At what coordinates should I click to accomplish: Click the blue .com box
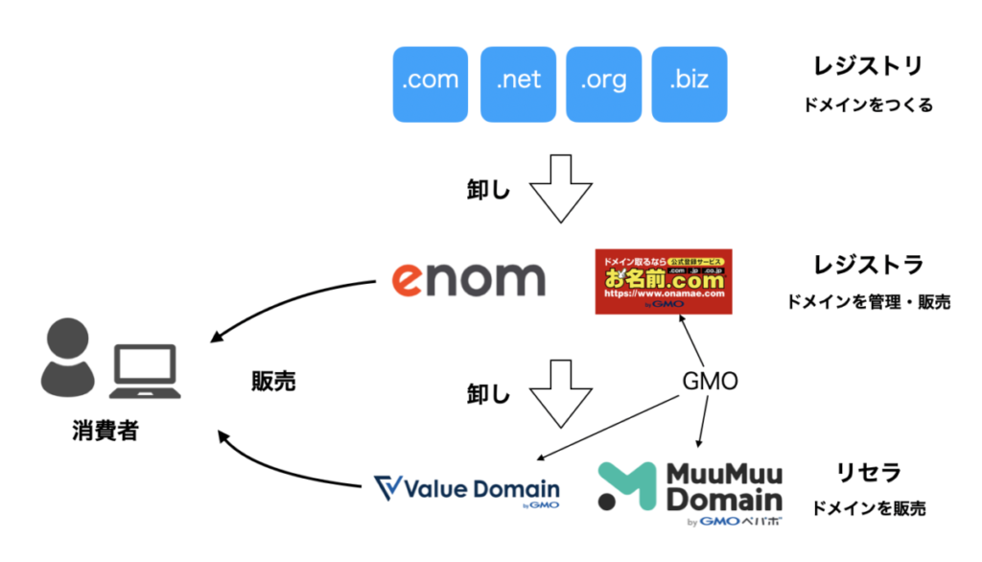click(431, 84)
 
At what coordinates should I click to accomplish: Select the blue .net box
click(519, 84)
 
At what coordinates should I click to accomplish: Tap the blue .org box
click(603, 84)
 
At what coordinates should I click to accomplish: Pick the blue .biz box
click(689, 84)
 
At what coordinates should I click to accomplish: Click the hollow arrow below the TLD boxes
click(561, 187)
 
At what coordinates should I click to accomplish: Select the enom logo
click(469, 277)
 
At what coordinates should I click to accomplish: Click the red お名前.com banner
click(664, 281)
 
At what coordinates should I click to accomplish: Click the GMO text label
click(710, 382)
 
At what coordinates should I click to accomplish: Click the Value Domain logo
click(467, 490)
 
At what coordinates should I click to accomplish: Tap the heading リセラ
click(856, 472)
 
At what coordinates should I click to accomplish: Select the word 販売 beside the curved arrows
click(273, 382)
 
